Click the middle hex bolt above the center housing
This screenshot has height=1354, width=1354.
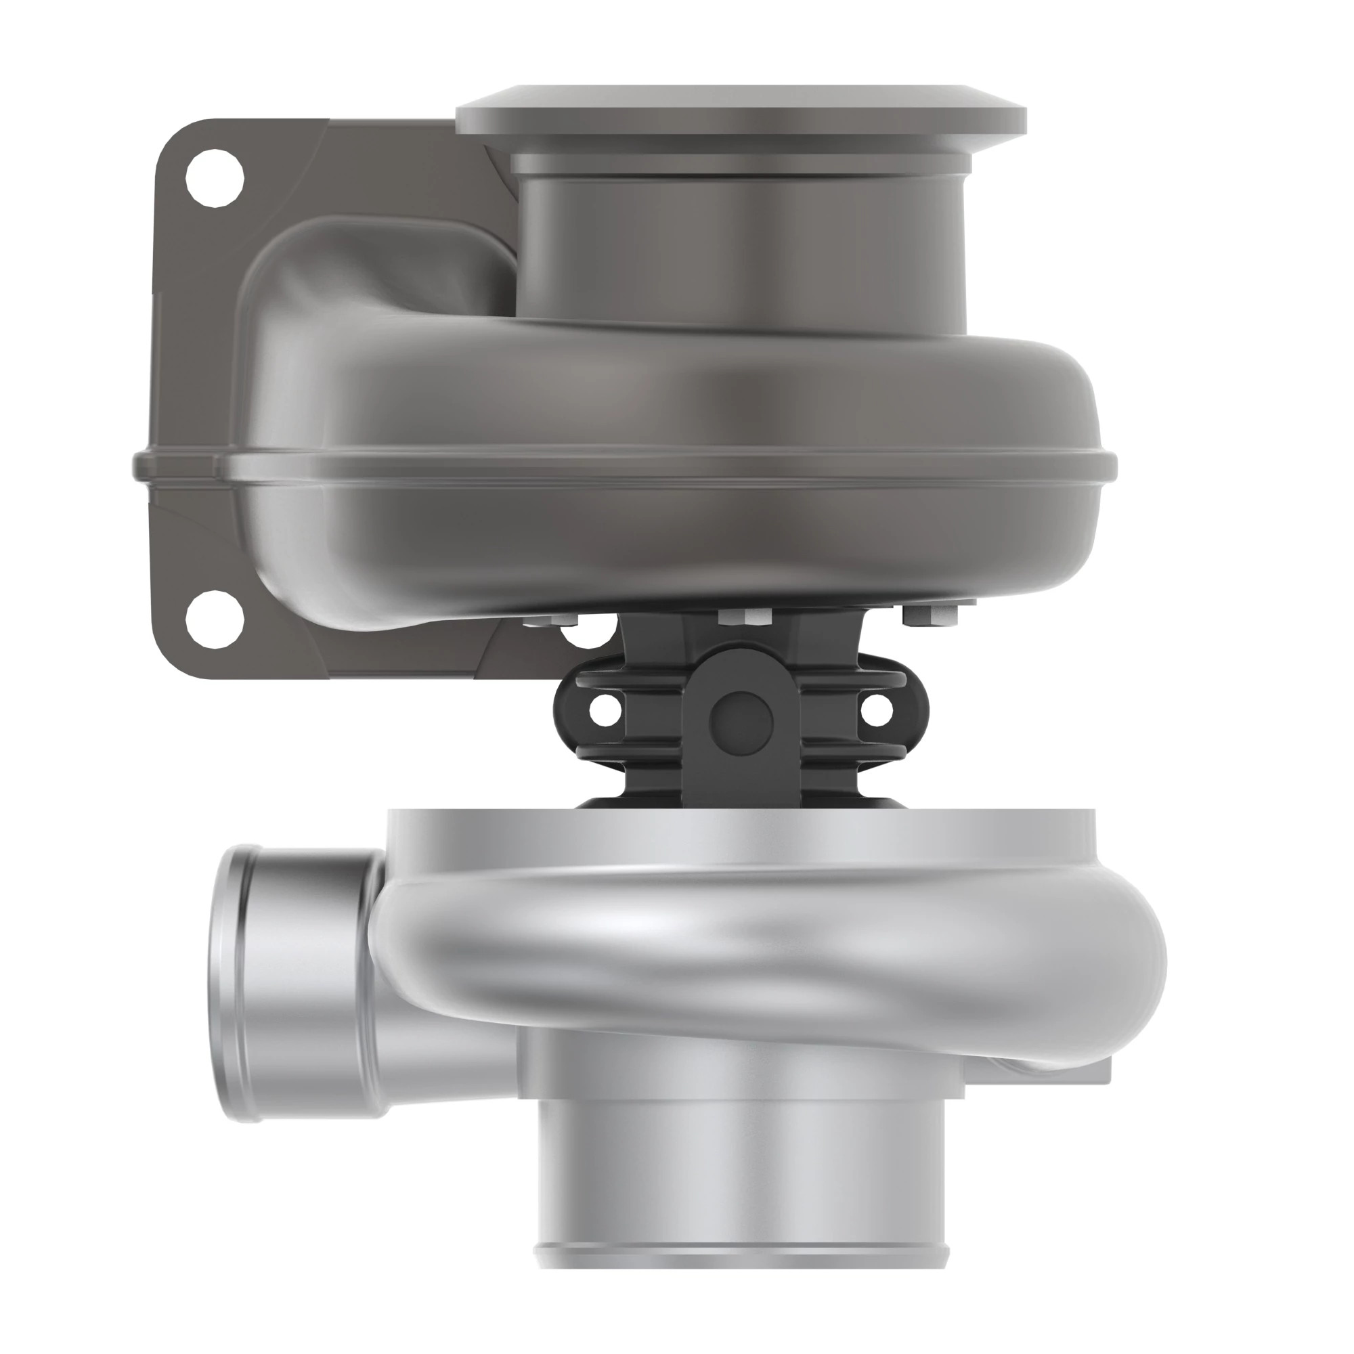tap(744, 617)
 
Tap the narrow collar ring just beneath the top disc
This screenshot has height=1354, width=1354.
tap(741, 165)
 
